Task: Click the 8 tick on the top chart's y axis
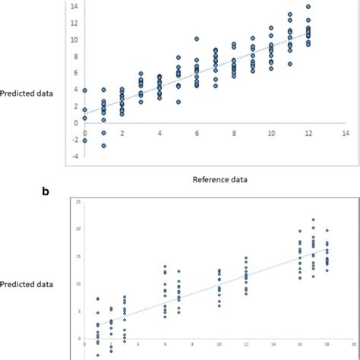[x=74, y=56]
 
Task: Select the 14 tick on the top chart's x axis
[x=346, y=132]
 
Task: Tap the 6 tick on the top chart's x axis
[x=197, y=132]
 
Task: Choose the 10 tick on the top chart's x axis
[x=271, y=132]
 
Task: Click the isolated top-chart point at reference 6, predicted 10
[x=197, y=39]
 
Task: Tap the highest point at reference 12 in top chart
[x=308, y=7]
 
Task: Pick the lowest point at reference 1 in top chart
[x=103, y=146]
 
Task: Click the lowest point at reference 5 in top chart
[x=178, y=102]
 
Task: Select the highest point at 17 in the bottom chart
[x=313, y=220]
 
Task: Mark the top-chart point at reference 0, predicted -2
[x=85, y=141]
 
